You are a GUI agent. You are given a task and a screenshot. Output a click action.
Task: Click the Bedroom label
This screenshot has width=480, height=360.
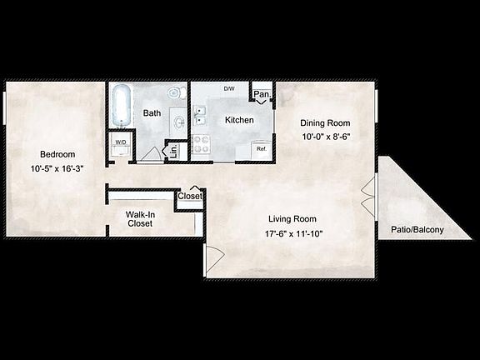coord(58,154)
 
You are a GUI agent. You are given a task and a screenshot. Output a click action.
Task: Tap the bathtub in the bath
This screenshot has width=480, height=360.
coord(121,106)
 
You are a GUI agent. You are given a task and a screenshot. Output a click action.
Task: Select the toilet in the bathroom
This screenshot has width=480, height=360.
coord(175,93)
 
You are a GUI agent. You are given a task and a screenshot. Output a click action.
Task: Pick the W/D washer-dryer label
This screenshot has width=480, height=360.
coord(121,142)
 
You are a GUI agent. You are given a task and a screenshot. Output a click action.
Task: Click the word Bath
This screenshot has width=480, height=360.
coord(152,112)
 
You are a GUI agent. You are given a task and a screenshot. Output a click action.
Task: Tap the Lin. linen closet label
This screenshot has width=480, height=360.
coord(175,151)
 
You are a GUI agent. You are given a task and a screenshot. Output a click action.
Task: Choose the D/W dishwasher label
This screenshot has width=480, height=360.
coord(228,88)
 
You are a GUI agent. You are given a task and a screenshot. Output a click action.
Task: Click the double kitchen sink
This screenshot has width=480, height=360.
coord(200,117)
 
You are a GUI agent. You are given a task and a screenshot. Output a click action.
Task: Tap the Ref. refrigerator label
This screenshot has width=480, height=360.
coord(261,149)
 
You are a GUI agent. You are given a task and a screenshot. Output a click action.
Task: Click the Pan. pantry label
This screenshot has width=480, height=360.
coord(262,95)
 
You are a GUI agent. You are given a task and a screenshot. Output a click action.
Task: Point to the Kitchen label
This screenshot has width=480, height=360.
coord(239,120)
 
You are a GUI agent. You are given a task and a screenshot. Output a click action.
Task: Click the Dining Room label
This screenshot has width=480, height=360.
coord(323,122)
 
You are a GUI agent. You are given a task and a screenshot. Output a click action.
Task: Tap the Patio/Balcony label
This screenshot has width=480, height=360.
coord(417,230)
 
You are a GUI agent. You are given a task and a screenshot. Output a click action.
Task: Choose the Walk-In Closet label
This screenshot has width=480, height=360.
coord(139,218)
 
